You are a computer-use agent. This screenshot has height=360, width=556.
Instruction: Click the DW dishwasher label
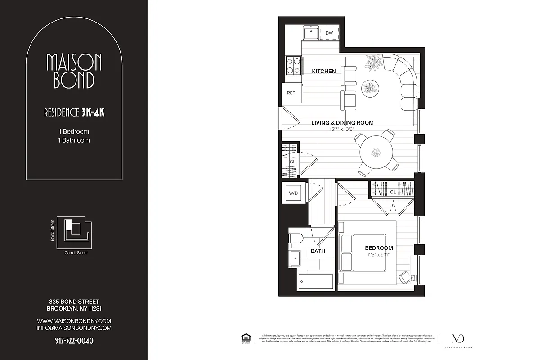[x=329, y=33]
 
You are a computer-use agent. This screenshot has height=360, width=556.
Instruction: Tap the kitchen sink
[x=310, y=33]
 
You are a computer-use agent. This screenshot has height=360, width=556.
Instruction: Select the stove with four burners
[x=293, y=65]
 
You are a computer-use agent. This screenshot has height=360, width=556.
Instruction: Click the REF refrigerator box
[x=291, y=93]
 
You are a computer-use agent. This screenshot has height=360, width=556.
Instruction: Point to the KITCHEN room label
[x=324, y=71]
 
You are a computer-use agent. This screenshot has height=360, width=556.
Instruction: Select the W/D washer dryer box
[x=293, y=193]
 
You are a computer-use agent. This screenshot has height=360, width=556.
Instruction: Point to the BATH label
[x=318, y=251]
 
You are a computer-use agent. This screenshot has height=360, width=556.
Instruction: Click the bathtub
[x=315, y=281]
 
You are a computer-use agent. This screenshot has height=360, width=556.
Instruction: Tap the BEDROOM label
[x=379, y=248]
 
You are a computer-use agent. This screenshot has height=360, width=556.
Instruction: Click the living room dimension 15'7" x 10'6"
[x=342, y=129]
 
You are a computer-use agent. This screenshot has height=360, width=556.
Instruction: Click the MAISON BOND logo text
[x=74, y=71]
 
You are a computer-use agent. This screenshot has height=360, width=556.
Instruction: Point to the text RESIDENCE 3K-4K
[x=74, y=112]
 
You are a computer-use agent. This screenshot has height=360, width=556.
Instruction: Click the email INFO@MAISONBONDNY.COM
[x=74, y=328]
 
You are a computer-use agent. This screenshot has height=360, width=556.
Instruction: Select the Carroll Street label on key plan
[x=76, y=253]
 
